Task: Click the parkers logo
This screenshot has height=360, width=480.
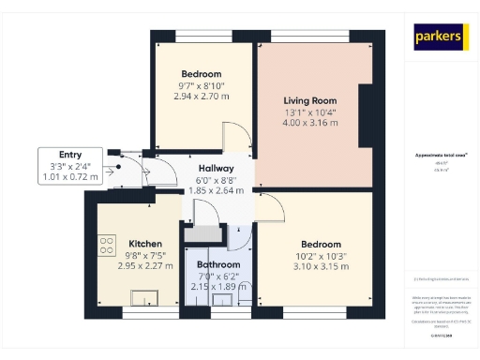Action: click(440, 37)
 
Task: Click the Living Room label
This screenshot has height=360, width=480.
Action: click(310, 100)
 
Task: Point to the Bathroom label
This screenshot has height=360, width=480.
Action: click(217, 264)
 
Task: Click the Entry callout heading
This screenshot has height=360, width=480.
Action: click(69, 155)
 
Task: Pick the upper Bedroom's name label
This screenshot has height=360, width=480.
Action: click(201, 74)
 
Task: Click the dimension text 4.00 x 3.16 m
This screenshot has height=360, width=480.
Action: click(310, 122)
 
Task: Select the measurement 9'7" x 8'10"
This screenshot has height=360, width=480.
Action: click(201, 85)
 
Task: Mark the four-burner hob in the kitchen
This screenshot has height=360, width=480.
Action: click(105, 247)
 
